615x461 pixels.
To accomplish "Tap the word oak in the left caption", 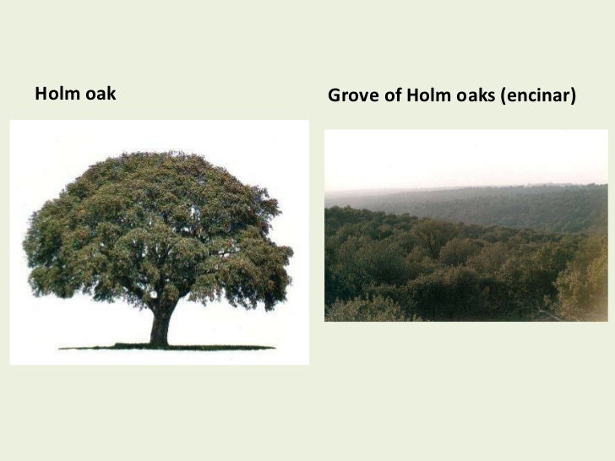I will [x=100, y=94].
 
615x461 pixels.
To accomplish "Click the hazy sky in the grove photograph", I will [x=465, y=160].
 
